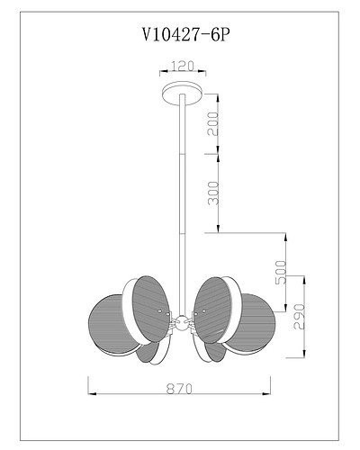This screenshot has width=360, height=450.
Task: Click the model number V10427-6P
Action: tap(180, 34)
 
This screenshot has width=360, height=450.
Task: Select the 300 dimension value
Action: tap(213, 192)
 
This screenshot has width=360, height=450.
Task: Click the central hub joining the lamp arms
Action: tap(181, 321)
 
